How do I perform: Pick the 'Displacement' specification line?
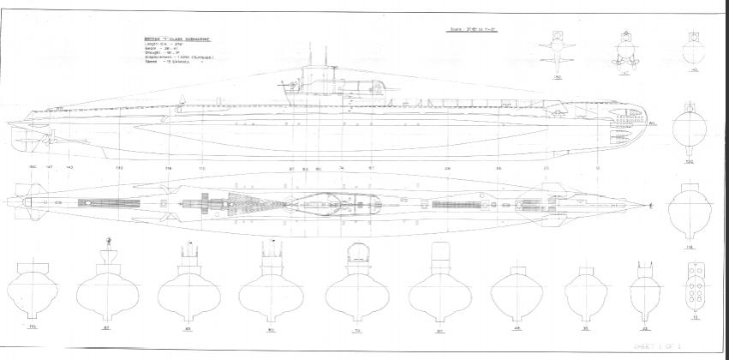pyautogui.click(x=178, y=58)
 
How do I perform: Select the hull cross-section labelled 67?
pyautogui.click(x=441, y=283)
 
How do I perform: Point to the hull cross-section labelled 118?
pyautogui.click(x=689, y=209)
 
